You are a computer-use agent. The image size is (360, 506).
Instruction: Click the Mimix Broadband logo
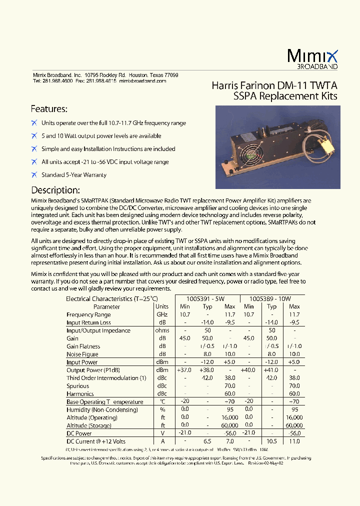[x=312, y=59]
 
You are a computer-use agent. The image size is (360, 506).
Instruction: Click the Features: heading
[x=49, y=109]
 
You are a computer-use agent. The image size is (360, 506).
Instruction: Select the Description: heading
[x=55, y=190]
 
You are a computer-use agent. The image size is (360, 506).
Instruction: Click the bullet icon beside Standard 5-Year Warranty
[x=34, y=174]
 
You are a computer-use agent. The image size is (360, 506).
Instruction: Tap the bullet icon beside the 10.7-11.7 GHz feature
[x=34, y=122]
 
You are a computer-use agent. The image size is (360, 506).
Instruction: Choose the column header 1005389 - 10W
[x=270, y=298]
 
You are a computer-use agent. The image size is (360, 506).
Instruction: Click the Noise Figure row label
[x=82, y=354]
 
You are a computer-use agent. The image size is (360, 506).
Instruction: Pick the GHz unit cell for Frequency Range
[x=162, y=314]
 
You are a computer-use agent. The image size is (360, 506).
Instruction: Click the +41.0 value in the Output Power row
[x=271, y=370]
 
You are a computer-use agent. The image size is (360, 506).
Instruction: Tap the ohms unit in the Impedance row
[x=162, y=330]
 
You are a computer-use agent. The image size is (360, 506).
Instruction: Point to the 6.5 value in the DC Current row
[x=207, y=441]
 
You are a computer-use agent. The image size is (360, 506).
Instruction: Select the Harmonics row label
[x=80, y=394]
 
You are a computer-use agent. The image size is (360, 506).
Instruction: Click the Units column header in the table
[x=162, y=306]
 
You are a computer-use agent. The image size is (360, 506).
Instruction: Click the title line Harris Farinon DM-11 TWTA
[x=274, y=85]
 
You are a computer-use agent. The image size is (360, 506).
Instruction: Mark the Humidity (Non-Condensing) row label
[x=101, y=409]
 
